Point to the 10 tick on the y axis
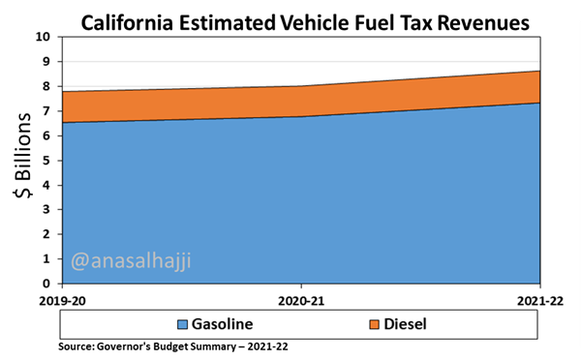click(x=44, y=37)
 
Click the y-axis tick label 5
click(x=47, y=161)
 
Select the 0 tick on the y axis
click(x=47, y=285)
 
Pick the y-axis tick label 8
click(x=47, y=86)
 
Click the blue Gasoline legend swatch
click(x=182, y=323)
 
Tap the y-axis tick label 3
click(x=47, y=210)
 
